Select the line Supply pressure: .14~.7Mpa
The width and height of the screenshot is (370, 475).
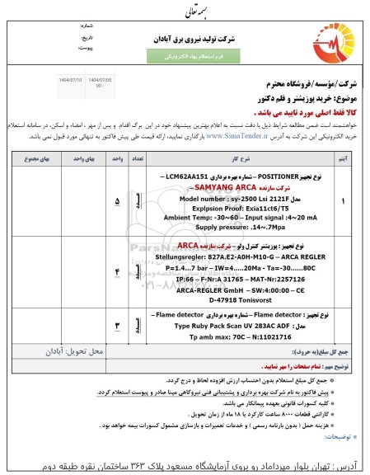tap(244, 224)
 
